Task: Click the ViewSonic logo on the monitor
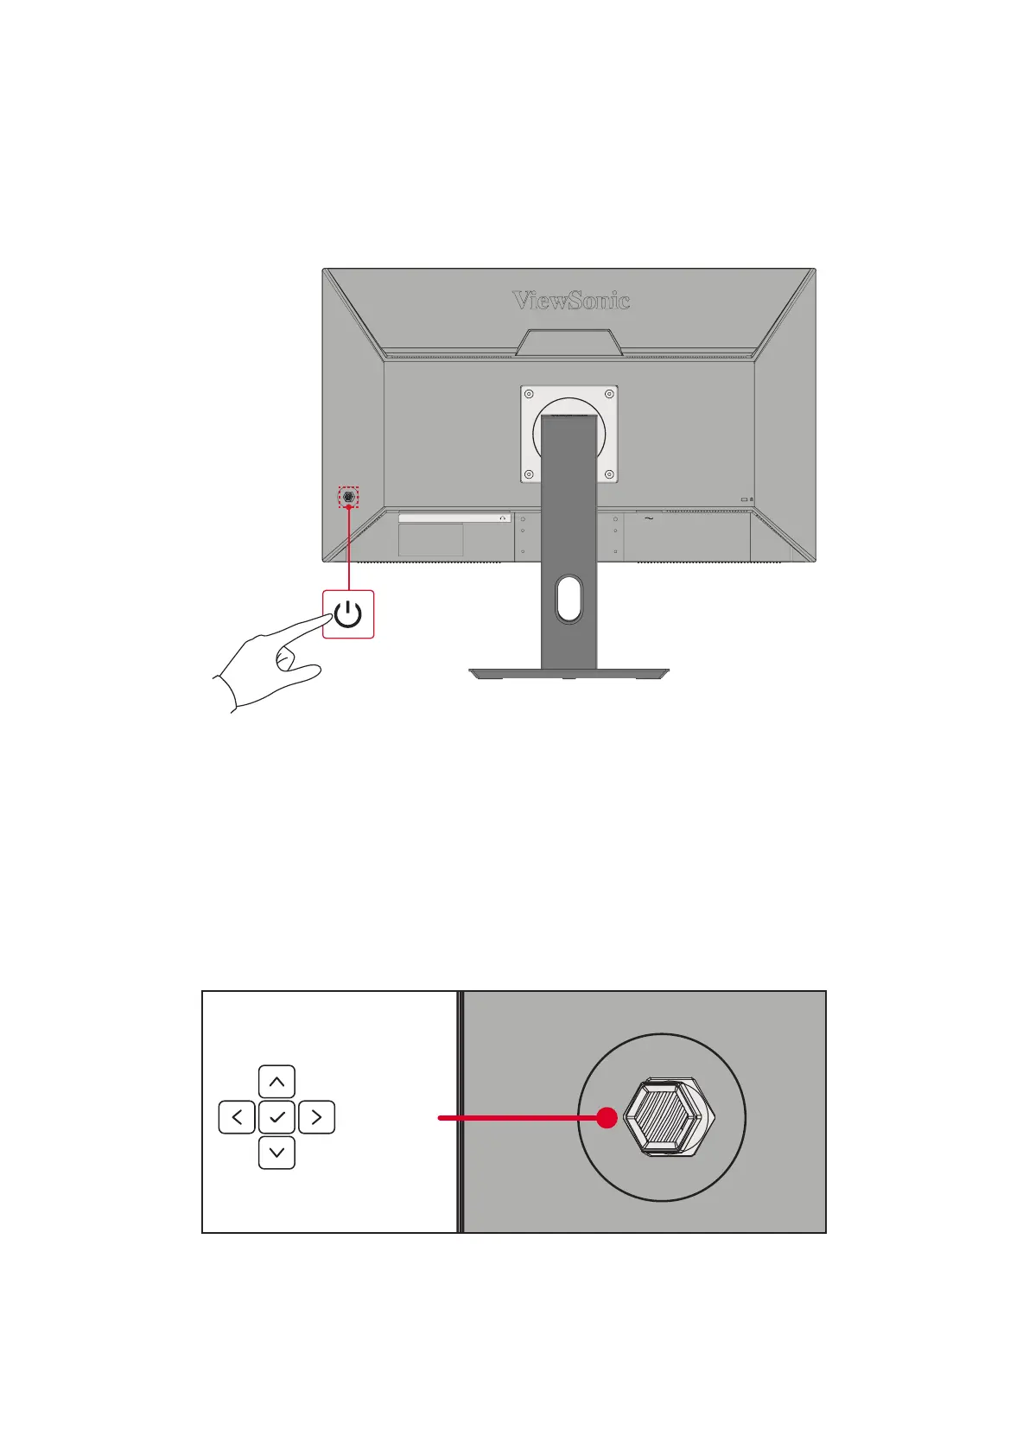click(x=571, y=301)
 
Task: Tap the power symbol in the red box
click(x=348, y=615)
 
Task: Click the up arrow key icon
click(x=276, y=1082)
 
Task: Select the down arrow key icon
click(x=276, y=1153)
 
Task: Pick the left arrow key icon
click(x=237, y=1117)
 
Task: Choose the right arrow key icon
click(x=316, y=1117)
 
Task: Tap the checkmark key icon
click(x=276, y=1117)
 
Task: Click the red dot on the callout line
click(x=607, y=1118)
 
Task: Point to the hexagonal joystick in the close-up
click(x=667, y=1117)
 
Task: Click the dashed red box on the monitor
click(x=348, y=497)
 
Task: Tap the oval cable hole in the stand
click(x=568, y=600)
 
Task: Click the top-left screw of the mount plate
click(x=530, y=394)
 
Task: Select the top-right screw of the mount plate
click(x=609, y=394)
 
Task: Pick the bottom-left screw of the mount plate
click(x=530, y=473)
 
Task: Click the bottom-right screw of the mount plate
click(x=609, y=473)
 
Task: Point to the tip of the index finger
click(x=331, y=616)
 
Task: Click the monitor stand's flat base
click(x=568, y=672)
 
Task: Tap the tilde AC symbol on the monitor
click(x=648, y=518)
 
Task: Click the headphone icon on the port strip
click(x=503, y=518)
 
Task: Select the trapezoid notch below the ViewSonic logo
click(x=569, y=342)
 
